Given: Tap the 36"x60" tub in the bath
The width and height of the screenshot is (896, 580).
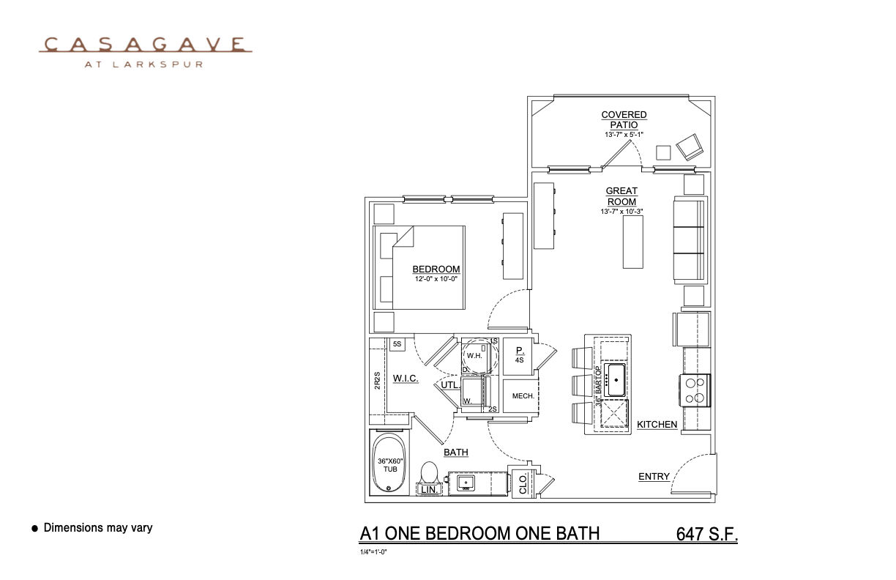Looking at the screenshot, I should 390,464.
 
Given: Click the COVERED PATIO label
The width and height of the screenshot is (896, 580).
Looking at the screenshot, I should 624,119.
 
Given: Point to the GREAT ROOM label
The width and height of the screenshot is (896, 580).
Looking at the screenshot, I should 621,196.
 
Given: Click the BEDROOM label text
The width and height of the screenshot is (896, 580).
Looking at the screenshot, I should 436,269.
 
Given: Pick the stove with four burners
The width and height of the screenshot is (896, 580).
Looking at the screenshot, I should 696,390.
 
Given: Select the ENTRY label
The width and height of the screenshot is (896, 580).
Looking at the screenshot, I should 654,476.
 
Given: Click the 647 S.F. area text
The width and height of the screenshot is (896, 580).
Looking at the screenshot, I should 707,534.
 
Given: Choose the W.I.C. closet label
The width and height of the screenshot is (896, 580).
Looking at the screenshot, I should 406,378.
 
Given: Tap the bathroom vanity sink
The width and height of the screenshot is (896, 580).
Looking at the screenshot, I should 467,483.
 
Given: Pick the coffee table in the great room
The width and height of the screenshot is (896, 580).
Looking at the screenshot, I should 632,242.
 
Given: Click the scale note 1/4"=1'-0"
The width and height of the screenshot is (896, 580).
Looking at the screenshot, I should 373,551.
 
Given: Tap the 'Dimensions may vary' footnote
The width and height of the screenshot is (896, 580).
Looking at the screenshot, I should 98,527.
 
